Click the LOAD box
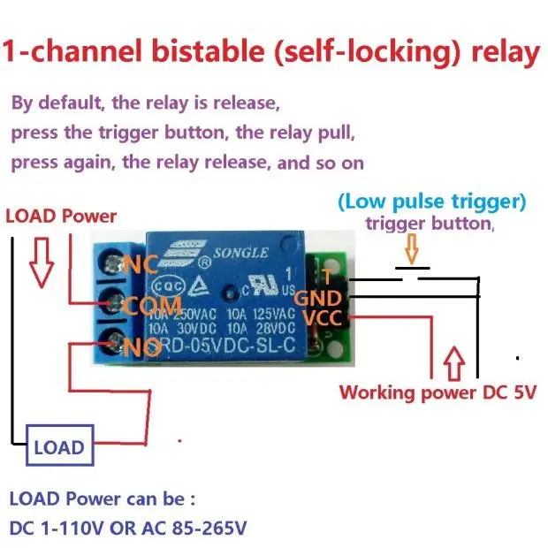point(59,446)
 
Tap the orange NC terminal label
point(140,264)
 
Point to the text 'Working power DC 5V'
point(438,392)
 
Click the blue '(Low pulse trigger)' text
point(430,202)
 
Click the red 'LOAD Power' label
point(61,216)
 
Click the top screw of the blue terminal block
point(112,263)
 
